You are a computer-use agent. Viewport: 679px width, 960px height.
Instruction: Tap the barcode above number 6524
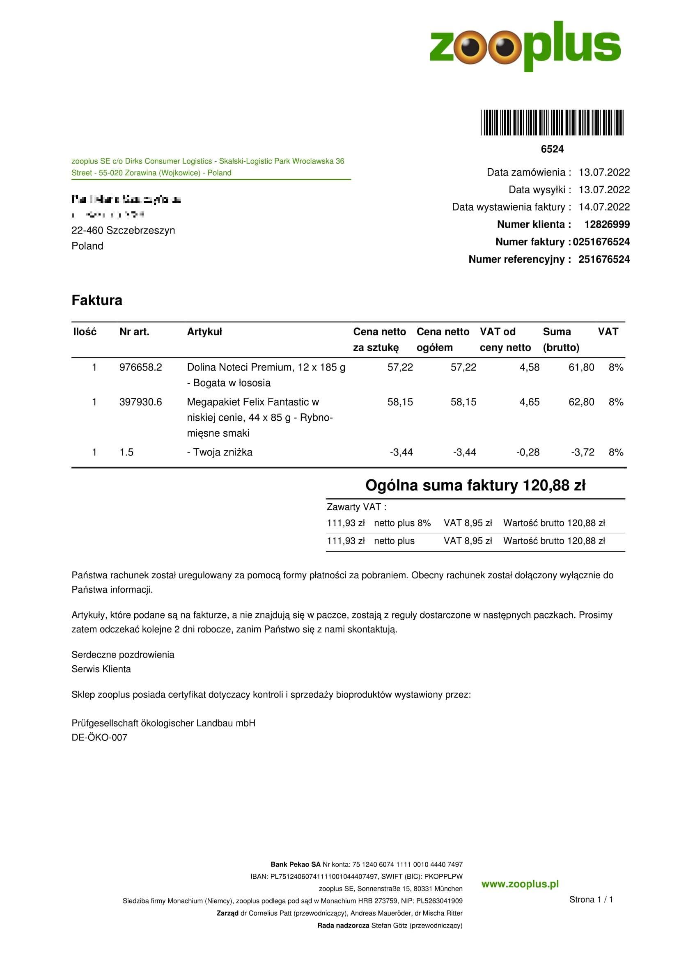552,122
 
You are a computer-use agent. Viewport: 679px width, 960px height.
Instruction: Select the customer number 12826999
607,225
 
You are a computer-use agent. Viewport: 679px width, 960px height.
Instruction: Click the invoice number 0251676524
601,242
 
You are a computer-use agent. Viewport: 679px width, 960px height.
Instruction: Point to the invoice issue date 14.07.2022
604,207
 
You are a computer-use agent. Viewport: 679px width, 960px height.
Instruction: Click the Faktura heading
96,300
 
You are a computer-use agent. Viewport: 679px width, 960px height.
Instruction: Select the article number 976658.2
140,367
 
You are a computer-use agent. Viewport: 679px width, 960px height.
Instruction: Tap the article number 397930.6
140,402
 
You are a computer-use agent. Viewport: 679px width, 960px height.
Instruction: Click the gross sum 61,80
581,367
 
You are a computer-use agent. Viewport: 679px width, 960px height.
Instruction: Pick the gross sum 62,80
581,402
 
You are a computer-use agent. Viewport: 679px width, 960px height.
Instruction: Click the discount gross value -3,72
583,452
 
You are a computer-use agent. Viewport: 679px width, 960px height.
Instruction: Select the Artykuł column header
204,332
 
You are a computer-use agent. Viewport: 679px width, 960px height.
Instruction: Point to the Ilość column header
85,332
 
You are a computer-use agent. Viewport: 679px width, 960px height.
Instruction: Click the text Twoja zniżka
223,452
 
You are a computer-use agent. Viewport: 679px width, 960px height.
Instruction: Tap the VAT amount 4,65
529,402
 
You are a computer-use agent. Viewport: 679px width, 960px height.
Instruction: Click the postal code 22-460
87,230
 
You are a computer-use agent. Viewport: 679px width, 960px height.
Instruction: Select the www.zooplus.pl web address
520,884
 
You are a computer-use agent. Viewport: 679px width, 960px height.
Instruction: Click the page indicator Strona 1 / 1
591,899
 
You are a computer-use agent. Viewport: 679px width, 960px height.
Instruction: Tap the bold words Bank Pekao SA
295,864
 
